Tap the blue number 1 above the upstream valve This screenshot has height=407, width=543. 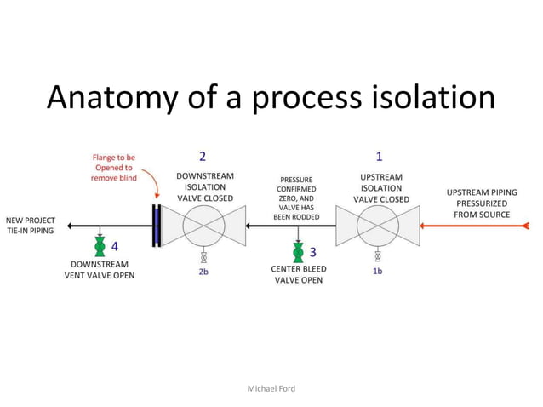[379, 157]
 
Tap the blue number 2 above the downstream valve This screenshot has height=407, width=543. [203, 157]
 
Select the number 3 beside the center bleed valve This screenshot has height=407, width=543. [312, 252]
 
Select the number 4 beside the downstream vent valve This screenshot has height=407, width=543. [114, 247]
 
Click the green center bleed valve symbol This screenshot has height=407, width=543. [297, 253]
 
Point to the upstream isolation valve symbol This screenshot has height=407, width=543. [378, 226]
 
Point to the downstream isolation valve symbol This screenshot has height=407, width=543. [203, 226]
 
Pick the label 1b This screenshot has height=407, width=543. [378, 272]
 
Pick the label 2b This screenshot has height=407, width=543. [203, 272]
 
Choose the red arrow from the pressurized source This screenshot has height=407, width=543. [477, 226]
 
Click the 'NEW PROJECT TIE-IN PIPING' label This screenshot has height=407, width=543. [30, 226]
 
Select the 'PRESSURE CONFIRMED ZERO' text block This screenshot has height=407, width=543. [296, 198]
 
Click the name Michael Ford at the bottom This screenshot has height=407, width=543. [271, 388]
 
